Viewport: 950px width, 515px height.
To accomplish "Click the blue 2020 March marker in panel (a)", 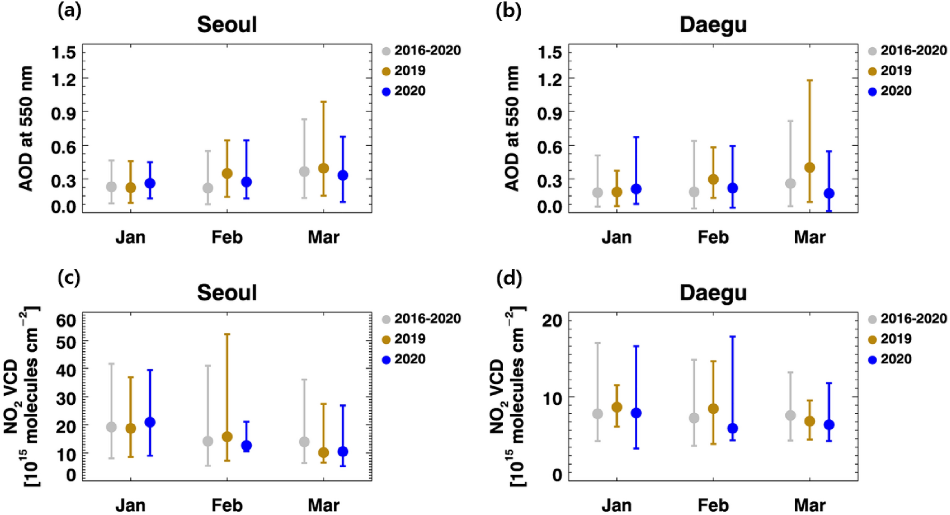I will coord(343,175).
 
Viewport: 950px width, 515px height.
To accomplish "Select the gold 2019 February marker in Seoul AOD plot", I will coord(227,173).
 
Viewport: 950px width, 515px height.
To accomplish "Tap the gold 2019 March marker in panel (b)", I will coord(809,168).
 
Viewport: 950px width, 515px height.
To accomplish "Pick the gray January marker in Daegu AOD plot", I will coord(597,193).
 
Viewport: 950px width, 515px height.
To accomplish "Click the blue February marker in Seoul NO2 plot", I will coord(246,445).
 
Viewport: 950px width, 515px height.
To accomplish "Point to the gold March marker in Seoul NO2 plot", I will coord(323,453).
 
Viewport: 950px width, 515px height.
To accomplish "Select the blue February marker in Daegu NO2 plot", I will coord(732,428).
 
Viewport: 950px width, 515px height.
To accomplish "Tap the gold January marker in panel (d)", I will coord(617,407).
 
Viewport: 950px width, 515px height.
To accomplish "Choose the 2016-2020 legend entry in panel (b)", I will coord(907,51).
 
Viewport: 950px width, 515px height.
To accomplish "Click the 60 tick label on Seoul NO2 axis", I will coord(66,320).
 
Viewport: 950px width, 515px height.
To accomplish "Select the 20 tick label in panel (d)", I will coord(551,320).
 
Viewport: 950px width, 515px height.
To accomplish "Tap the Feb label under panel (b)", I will coord(713,237).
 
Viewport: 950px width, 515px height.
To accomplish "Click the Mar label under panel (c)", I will coord(323,505).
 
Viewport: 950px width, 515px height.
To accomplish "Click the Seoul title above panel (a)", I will coord(227,25).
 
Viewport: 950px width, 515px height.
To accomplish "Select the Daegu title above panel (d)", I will coord(713,293).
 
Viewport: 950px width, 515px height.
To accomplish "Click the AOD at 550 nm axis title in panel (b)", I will coord(513,128).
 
